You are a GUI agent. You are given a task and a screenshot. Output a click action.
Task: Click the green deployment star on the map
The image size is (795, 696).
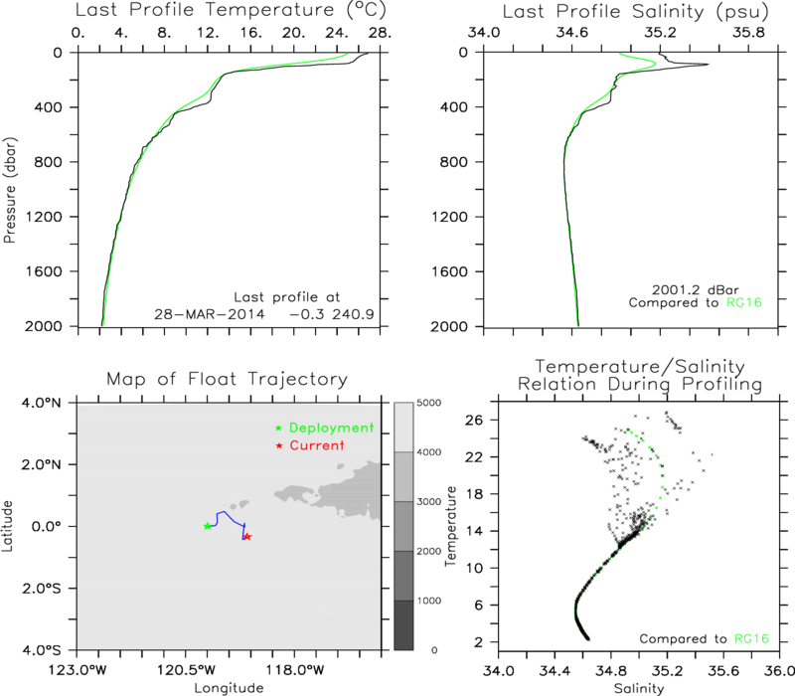point(208,526)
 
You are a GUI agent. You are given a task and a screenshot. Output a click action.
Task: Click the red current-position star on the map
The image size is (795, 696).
point(247,536)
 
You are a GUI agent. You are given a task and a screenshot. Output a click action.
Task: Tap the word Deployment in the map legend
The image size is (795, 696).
point(331,429)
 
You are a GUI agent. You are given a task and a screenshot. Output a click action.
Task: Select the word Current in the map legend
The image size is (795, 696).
point(317,445)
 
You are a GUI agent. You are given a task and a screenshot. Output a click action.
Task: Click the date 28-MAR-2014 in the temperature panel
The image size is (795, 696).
point(210,314)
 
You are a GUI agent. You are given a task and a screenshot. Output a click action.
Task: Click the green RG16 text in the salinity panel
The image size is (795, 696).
point(744,303)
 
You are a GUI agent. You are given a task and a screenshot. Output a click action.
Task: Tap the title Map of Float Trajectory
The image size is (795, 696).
point(228,379)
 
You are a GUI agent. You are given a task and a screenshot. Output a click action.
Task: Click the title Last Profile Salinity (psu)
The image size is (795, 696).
point(635,12)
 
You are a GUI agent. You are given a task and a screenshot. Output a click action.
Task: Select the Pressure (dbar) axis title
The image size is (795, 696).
point(10,190)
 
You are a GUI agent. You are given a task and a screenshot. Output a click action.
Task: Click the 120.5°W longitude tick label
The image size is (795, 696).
point(207,670)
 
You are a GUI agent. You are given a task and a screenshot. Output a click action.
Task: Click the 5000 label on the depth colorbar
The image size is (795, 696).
point(428,403)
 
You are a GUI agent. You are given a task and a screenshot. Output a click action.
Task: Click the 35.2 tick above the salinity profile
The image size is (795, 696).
point(660,33)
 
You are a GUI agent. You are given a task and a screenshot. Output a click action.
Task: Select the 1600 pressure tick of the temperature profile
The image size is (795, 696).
point(45,271)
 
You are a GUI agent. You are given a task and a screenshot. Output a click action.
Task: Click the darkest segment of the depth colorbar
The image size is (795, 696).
point(403,625)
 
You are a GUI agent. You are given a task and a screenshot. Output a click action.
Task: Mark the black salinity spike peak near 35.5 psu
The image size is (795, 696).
point(708,64)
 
